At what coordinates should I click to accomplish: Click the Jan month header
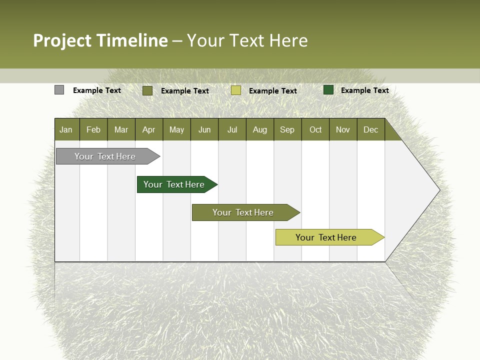click(66, 130)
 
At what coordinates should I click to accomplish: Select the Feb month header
click(93, 130)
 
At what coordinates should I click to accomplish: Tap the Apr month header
click(149, 130)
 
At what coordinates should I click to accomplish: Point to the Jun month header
click(204, 130)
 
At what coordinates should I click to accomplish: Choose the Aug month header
click(260, 130)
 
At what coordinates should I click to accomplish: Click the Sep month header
click(287, 130)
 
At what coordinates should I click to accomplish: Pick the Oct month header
click(315, 130)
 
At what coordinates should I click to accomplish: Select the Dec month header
click(371, 130)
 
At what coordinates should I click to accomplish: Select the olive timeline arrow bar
click(243, 212)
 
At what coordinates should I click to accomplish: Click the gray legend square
click(59, 90)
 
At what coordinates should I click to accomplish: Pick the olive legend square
click(147, 90)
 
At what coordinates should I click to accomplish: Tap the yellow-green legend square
click(236, 90)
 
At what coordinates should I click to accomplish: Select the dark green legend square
click(328, 90)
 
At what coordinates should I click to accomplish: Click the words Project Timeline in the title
click(100, 40)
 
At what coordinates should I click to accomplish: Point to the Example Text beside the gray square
click(97, 90)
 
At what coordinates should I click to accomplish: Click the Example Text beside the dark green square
click(365, 90)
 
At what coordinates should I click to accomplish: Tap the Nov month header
click(343, 130)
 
